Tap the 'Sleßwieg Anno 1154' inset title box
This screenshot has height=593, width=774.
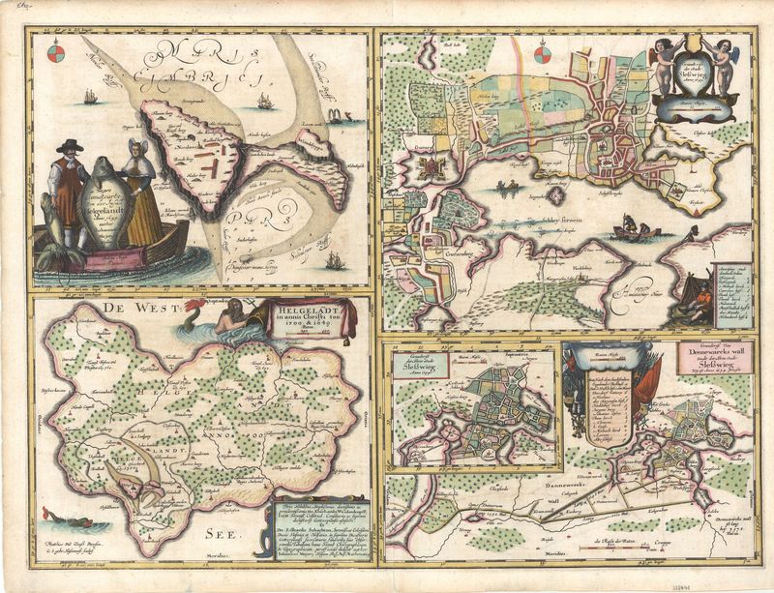(421, 370)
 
